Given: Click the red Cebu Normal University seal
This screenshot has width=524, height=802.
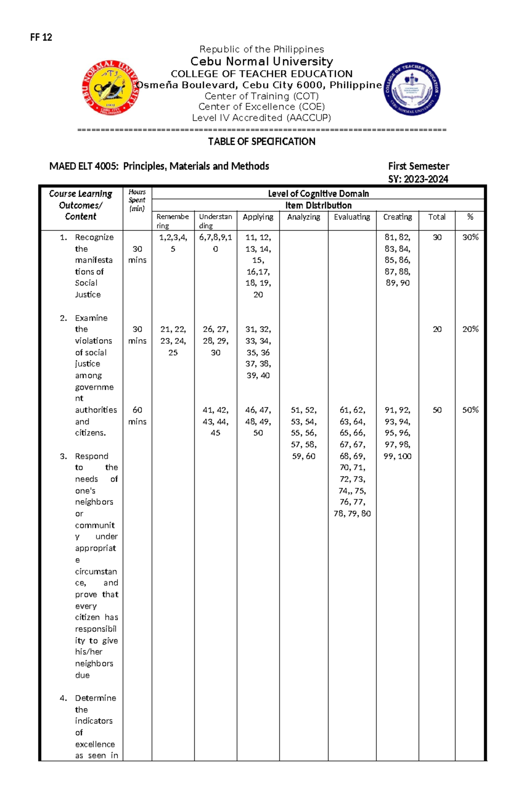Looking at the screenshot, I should pos(110,88).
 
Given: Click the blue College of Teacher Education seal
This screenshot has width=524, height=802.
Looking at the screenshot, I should pos(412,88).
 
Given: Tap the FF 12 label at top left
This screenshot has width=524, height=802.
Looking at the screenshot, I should pos(41,37).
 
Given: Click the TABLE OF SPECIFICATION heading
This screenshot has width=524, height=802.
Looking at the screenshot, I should pos(262,142).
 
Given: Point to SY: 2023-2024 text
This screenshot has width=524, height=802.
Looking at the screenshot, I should pos(418,179).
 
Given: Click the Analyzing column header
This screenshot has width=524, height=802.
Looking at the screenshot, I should pos(303,217).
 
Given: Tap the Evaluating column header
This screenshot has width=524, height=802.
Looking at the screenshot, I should pos(352,217).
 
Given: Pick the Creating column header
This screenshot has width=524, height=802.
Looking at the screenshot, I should pos(397,217).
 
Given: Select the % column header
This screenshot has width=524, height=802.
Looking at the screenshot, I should pos(470,217).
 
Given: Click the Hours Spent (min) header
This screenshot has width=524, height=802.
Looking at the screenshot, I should pos(137,200).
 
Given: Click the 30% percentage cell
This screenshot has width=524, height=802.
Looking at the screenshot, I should pos(470,237).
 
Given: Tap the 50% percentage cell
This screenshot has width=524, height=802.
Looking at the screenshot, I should pos(470,410).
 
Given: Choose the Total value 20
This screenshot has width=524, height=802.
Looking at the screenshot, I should pos(437,329).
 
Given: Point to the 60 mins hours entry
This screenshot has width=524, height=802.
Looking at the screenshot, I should pos(137,416).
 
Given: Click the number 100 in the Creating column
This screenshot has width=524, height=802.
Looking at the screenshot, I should pos(404,456).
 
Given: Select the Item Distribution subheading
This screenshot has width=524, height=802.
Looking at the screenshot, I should pos(318,205).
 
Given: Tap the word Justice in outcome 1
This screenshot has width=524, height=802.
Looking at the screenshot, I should pos(88,295).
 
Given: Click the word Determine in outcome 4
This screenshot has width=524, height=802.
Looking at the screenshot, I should pos(95,698).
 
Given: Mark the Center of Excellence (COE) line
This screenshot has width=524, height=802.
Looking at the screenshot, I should pos(262,107).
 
